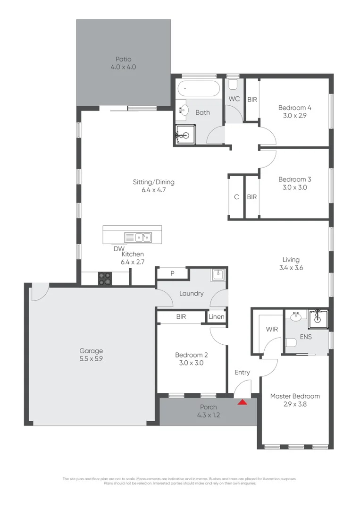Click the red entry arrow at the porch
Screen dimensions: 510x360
click(x=242, y=402)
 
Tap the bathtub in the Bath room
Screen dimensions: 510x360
click(x=198, y=88)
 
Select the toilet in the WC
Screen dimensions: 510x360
click(x=233, y=84)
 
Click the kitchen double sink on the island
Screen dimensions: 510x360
click(x=137, y=237)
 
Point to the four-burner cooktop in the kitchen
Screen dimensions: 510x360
click(x=105, y=279)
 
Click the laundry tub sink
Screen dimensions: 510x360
click(x=218, y=274)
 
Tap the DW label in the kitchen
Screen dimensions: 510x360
click(x=119, y=248)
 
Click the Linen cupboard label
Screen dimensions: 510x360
click(x=217, y=317)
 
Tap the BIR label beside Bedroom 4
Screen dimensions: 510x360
click(x=252, y=100)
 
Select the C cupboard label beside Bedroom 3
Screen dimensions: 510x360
click(x=236, y=197)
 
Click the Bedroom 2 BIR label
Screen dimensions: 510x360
click(x=181, y=317)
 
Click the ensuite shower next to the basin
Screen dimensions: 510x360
click(x=318, y=319)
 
